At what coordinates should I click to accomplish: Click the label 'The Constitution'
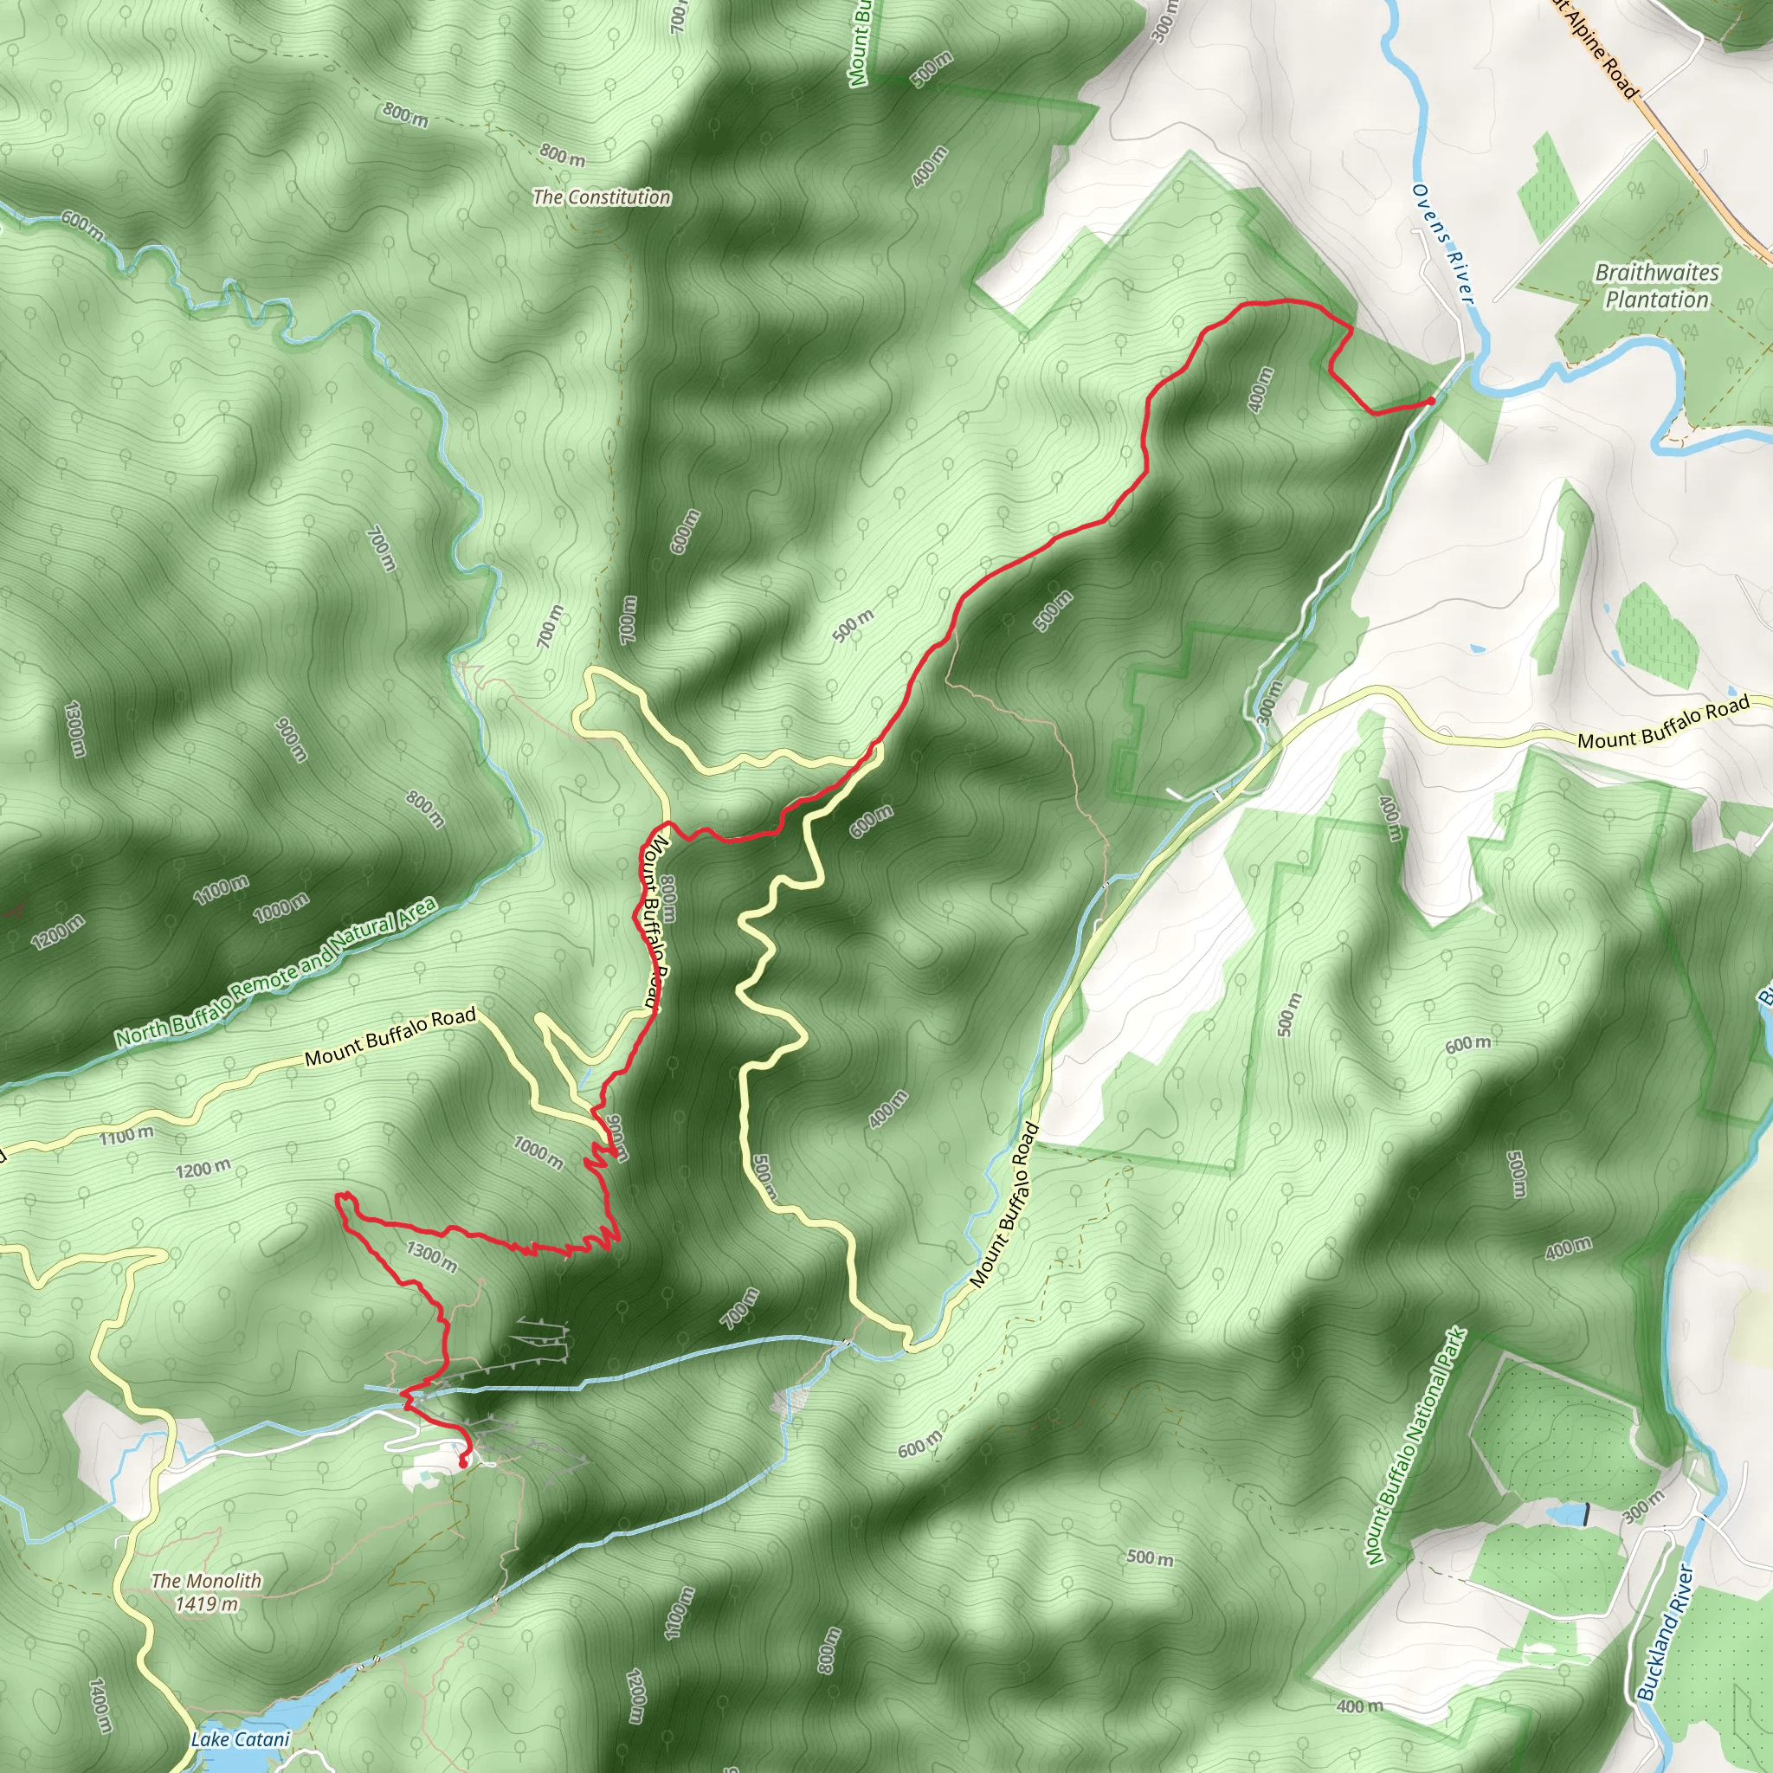pyautogui.click(x=601, y=197)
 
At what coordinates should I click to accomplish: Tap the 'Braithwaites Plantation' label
pyautogui.click(x=1656, y=287)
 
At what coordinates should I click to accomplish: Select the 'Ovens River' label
pyautogui.click(x=1442, y=243)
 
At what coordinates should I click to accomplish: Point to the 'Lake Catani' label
pyautogui.click(x=241, y=1739)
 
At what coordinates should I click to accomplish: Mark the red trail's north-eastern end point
pyautogui.click(x=1432, y=401)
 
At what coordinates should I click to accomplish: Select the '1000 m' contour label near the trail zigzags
pyautogui.click(x=538, y=1151)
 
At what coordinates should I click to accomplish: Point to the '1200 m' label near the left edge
pyautogui.click(x=57, y=932)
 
